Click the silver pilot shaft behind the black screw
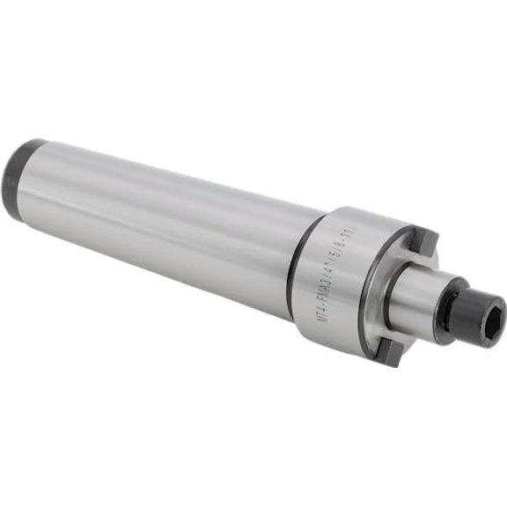421,295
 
